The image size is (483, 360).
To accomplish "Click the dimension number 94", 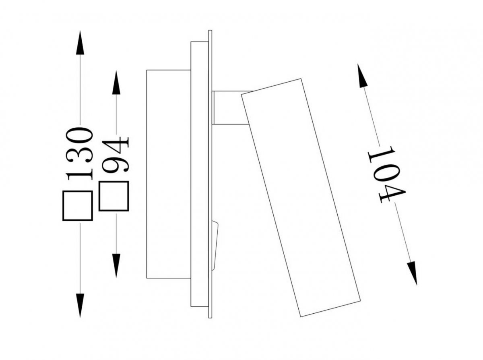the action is (116, 155).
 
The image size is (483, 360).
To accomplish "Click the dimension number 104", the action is (386, 174).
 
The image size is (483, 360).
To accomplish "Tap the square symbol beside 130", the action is (78, 206).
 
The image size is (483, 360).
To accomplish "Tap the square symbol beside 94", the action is (114, 196).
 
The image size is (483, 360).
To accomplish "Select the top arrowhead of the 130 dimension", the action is (80, 42).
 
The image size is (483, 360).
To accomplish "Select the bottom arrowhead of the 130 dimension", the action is (80, 306).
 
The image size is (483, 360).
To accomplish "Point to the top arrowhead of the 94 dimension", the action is (116, 83).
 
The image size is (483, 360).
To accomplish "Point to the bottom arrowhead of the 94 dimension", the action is (116, 266).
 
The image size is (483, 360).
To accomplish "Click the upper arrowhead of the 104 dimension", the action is (362, 75).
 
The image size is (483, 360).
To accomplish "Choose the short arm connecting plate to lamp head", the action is (231, 108).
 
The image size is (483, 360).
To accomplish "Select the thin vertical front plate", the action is (210, 174).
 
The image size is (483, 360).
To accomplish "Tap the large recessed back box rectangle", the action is (169, 174).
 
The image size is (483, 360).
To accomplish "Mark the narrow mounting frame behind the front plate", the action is (200, 174).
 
